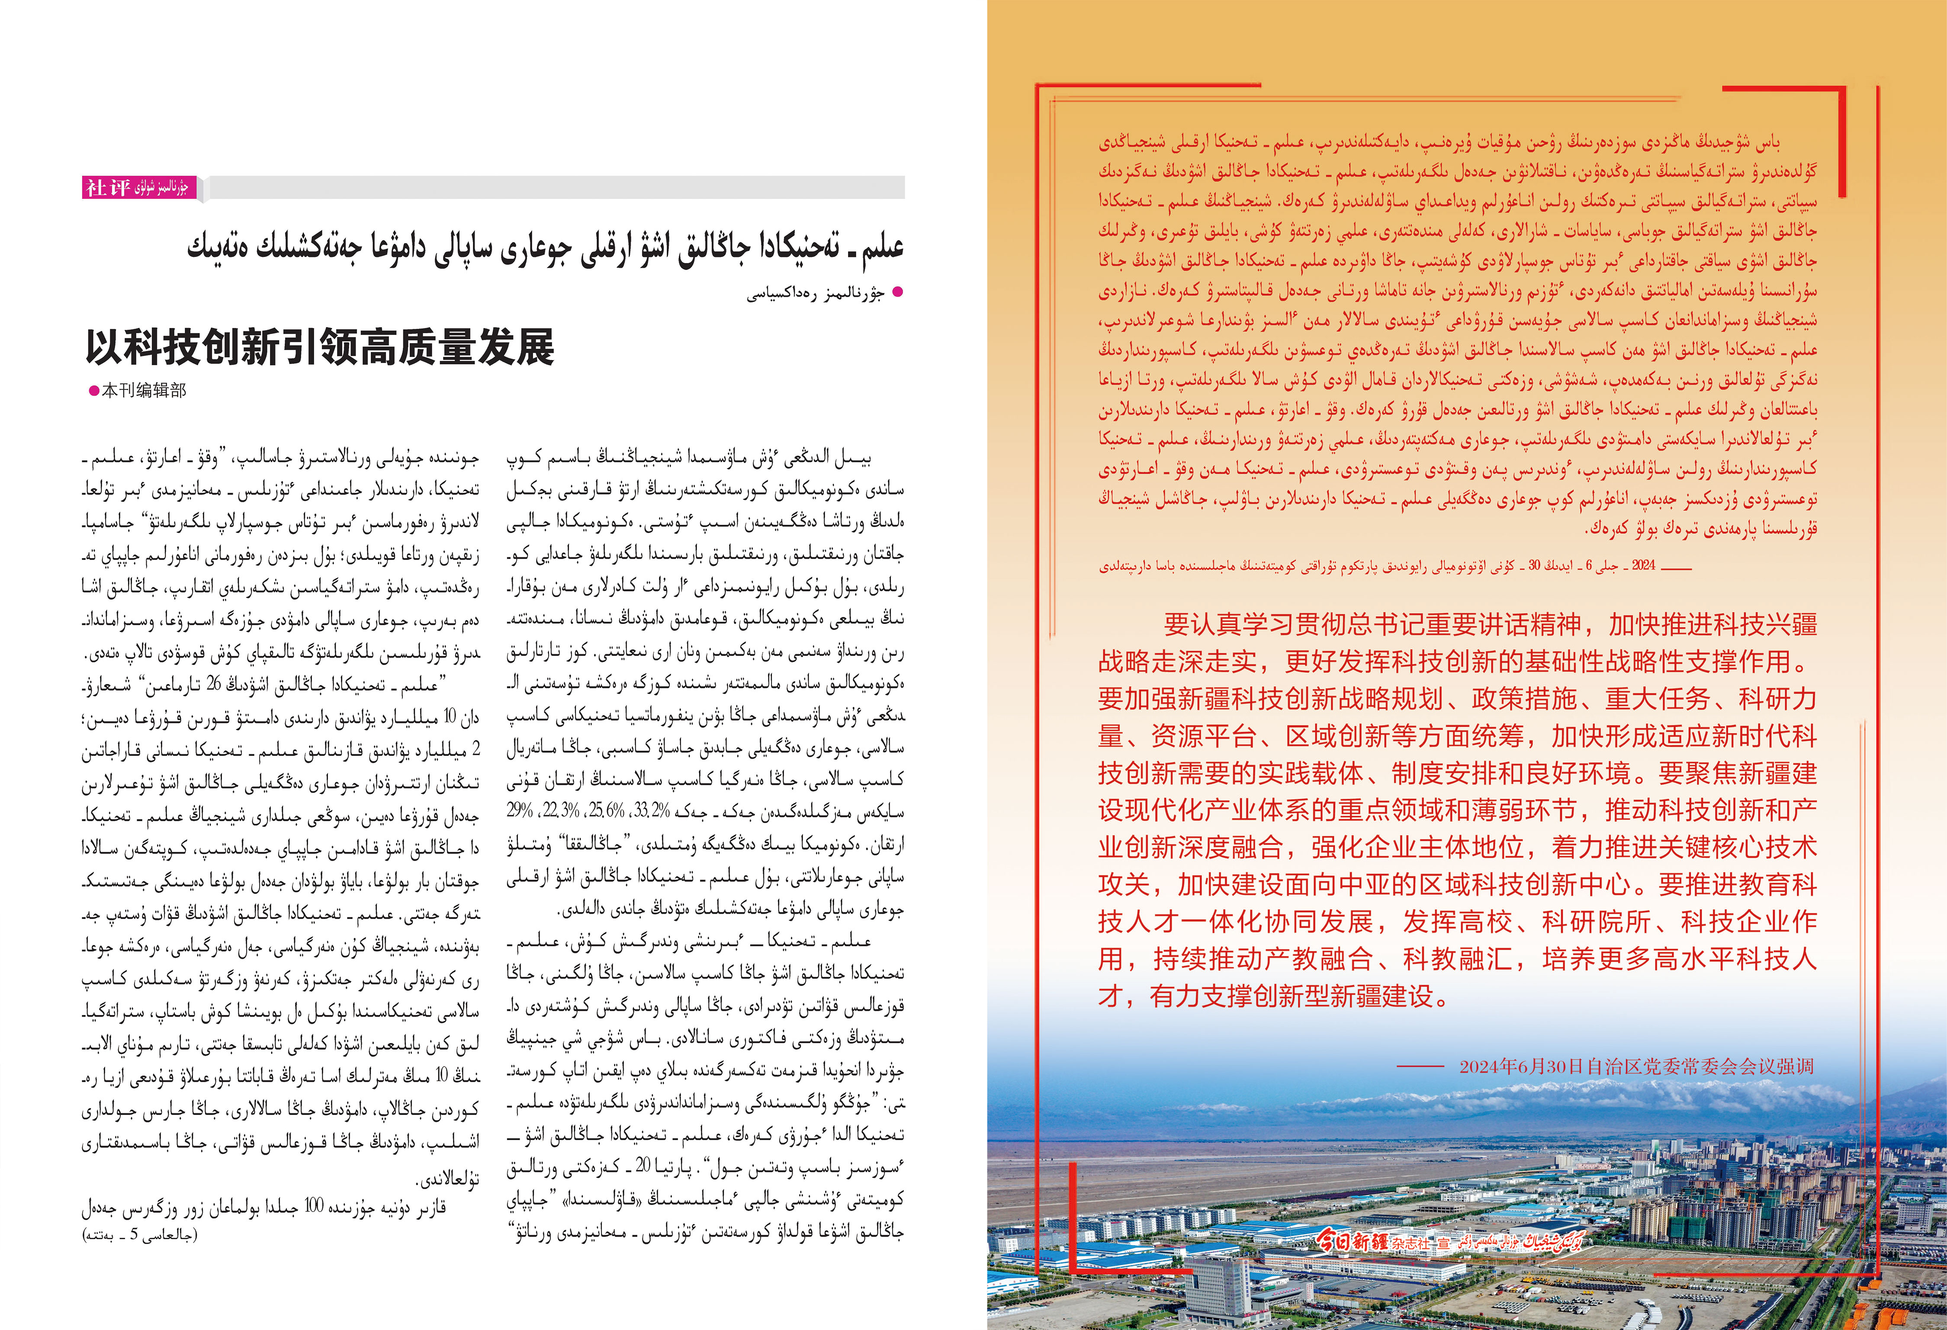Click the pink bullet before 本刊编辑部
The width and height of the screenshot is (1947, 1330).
(94, 390)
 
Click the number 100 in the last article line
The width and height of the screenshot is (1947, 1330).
(313, 1206)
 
